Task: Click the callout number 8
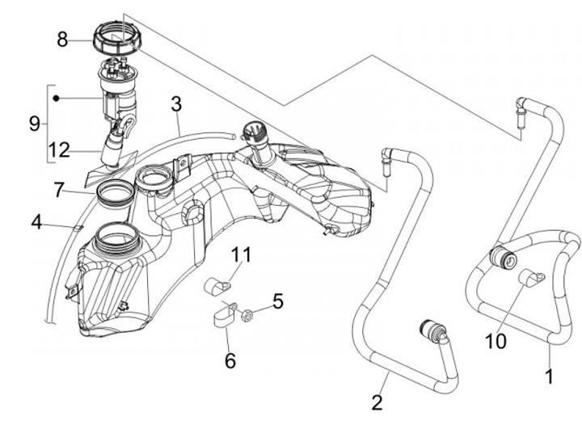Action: (x=62, y=39)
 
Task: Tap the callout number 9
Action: (x=34, y=124)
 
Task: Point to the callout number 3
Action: (x=175, y=105)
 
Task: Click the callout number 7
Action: (x=59, y=191)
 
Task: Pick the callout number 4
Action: (x=36, y=220)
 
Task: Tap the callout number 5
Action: (x=277, y=302)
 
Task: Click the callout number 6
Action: (x=230, y=360)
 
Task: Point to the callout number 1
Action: (x=550, y=375)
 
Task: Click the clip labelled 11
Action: (x=216, y=284)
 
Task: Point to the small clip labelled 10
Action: (x=529, y=280)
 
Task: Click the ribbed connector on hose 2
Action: (x=429, y=331)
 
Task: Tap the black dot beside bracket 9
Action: (x=57, y=98)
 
